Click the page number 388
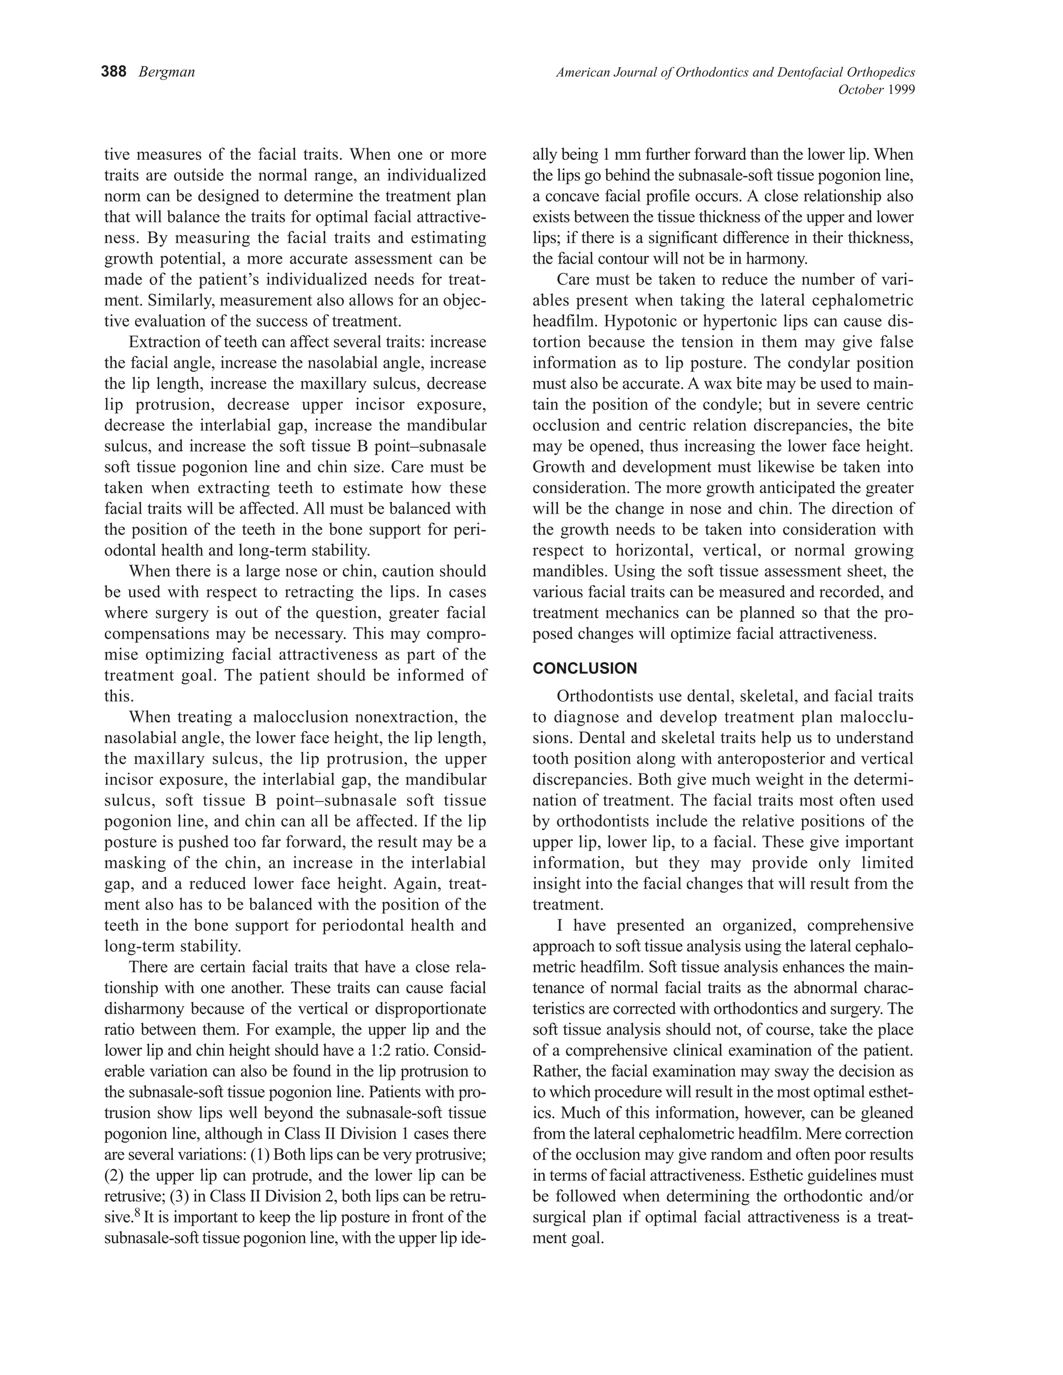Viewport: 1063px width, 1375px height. [x=114, y=73]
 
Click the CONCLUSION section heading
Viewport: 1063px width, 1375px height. [x=584, y=669]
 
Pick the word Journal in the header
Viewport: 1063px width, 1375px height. [x=634, y=73]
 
